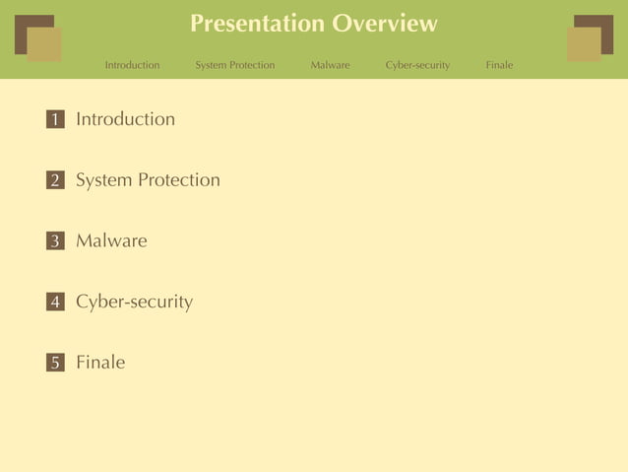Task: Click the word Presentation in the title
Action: (256, 24)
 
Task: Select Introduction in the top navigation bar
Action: (132, 65)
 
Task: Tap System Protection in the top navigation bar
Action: (234, 65)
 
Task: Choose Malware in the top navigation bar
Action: (330, 65)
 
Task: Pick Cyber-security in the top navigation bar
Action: (417, 65)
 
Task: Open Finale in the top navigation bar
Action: (499, 65)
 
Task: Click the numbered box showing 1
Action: (55, 119)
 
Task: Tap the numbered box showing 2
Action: (55, 180)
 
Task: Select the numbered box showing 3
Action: (55, 241)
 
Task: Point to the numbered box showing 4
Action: (55, 303)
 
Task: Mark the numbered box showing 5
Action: (55, 363)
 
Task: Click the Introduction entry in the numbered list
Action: (125, 119)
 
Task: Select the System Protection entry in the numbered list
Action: (148, 180)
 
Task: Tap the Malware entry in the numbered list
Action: (111, 240)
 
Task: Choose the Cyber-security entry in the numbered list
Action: (134, 302)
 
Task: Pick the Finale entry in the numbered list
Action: (100, 363)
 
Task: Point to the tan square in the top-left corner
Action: (45, 45)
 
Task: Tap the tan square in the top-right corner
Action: (583, 45)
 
